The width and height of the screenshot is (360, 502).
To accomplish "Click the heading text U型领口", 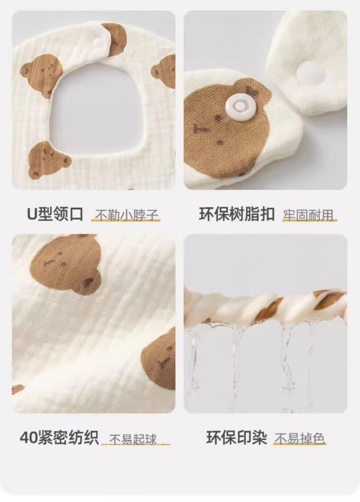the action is coord(55,214).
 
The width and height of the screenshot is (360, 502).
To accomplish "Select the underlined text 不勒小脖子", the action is coord(126,215).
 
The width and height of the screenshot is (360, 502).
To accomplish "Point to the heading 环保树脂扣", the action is coord(236,214).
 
